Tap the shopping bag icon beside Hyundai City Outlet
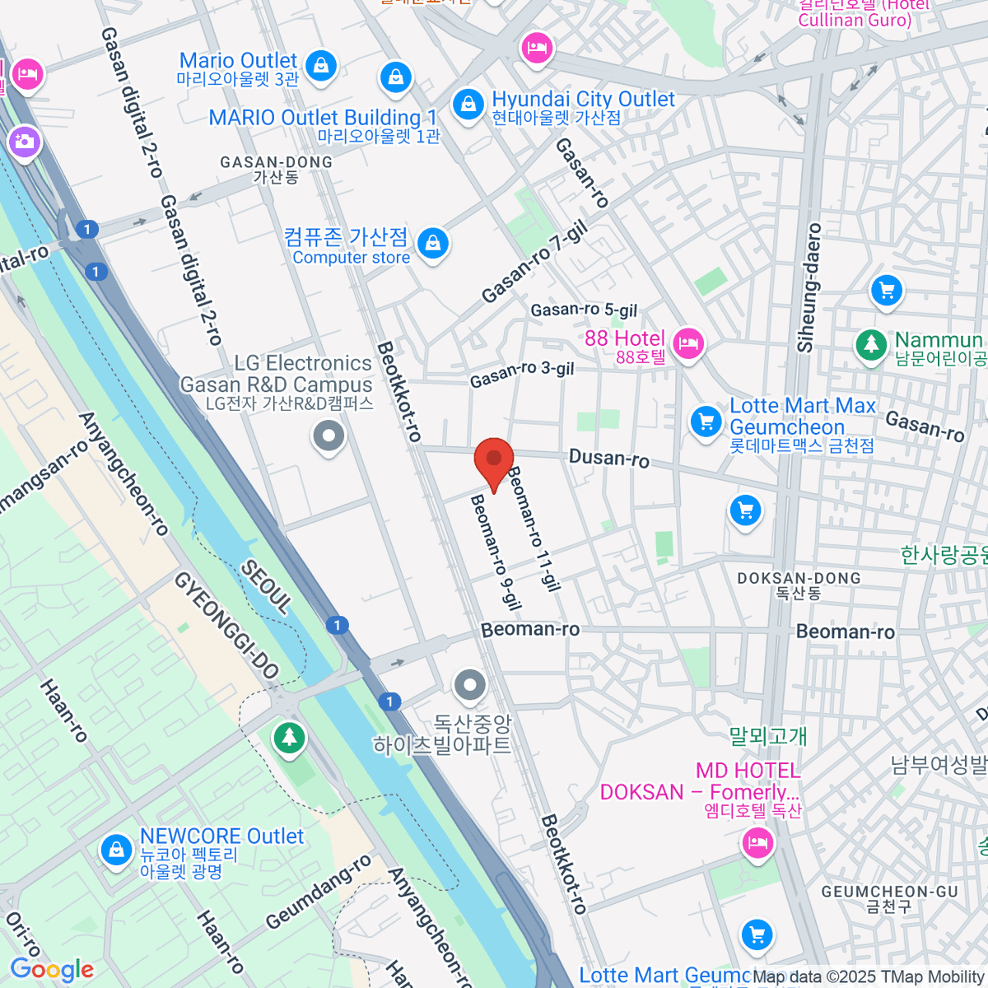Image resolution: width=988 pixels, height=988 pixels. (x=468, y=105)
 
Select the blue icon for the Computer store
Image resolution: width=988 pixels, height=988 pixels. (x=432, y=243)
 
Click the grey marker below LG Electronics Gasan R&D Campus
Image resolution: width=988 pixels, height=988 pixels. (x=329, y=436)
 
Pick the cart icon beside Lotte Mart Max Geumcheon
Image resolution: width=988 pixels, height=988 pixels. (x=706, y=421)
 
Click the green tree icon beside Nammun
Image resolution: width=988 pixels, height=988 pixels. (x=869, y=343)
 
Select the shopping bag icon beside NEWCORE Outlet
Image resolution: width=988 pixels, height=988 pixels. (x=116, y=849)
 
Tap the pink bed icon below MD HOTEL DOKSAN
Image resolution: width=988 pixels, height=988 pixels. (x=756, y=842)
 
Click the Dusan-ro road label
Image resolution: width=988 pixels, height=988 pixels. (x=609, y=458)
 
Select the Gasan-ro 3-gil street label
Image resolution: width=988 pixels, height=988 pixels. (x=522, y=374)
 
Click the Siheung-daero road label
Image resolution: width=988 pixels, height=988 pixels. (x=809, y=288)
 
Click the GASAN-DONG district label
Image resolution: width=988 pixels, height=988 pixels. (x=276, y=170)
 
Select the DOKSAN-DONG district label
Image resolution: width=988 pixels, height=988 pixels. (x=799, y=585)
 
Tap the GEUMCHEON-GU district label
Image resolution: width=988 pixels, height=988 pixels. (x=889, y=898)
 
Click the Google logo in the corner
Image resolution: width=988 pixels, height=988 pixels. (x=53, y=970)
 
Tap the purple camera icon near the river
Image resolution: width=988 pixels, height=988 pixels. (x=24, y=141)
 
